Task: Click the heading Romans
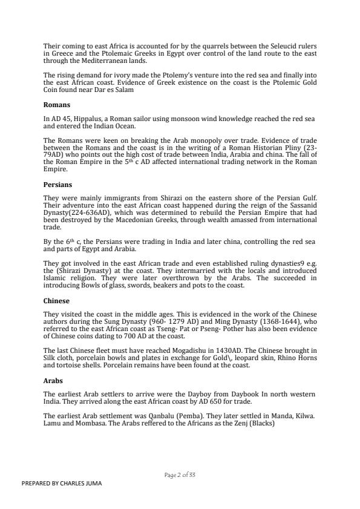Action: pyautogui.click(x=56, y=105)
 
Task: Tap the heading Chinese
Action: pyautogui.click(x=57, y=300)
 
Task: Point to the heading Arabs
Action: pyautogui.click(x=54, y=382)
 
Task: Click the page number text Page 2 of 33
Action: pyautogui.click(x=180, y=475)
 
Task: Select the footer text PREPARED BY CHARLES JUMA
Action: pyautogui.click(x=62, y=483)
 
